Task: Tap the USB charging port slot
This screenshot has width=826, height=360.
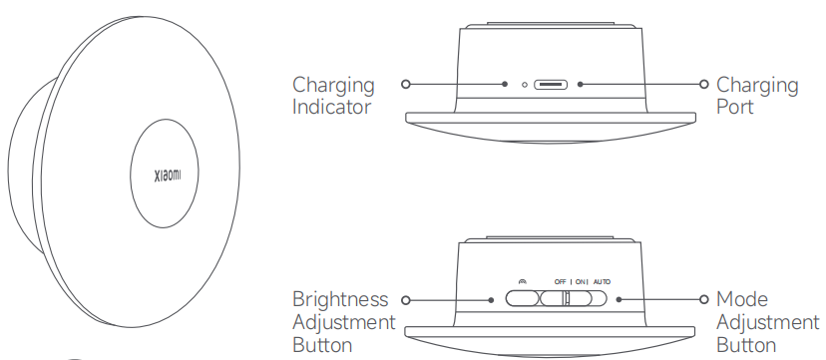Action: click(551, 84)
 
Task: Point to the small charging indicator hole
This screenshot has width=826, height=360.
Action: click(524, 84)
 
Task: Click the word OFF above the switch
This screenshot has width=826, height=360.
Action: click(560, 282)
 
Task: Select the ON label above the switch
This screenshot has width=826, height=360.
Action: click(580, 282)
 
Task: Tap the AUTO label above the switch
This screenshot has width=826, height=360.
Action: click(602, 282)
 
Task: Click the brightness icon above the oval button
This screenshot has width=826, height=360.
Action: click(522, 282)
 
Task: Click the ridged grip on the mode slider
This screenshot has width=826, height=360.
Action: click(566, 299)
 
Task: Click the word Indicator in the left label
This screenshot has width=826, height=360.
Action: click(332, 107)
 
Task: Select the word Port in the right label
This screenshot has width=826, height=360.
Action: click(735, 107)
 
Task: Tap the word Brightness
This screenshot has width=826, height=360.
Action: click(340, 299)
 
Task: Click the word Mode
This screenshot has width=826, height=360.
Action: click(742, 299)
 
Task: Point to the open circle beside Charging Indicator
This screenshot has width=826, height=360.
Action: click(405, 84)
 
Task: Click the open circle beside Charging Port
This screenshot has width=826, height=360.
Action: click(703, 84)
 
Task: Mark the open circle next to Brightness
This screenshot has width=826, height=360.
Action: click(405, 300)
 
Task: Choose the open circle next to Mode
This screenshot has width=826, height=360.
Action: click(703, 299)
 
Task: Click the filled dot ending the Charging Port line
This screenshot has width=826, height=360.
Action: click(580, 84)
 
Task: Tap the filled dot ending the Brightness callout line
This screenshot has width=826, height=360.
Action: click(491, 300)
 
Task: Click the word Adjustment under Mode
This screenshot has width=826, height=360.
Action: click(768, 323)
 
